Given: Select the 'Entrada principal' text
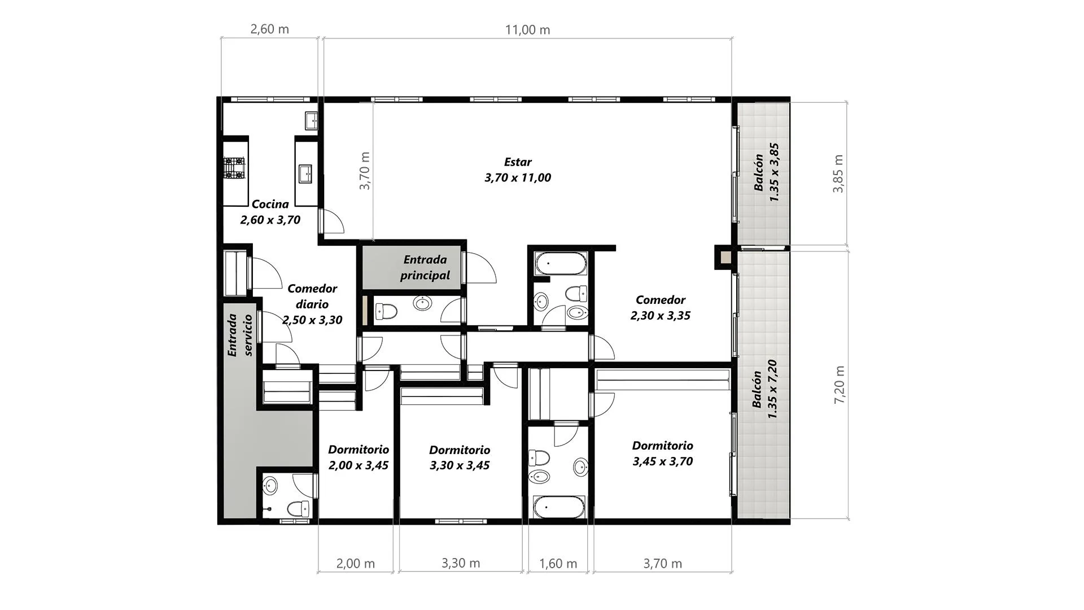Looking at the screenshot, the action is point(425,268).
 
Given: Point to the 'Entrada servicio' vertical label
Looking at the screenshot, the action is point(239,335).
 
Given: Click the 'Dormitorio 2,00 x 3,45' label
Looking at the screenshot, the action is point(359,457).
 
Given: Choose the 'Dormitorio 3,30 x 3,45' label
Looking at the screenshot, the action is point(460,457).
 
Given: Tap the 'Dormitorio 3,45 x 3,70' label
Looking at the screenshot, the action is point(663,454).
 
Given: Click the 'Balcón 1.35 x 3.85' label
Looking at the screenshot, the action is point(767,172).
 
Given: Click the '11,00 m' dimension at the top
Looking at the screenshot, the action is point(527,30).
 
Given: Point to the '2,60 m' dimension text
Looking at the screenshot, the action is point(269,29).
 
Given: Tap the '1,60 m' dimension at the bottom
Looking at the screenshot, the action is point(558,564).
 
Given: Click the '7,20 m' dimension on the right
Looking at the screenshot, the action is point(840,385).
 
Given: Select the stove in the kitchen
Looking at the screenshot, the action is point(234,168).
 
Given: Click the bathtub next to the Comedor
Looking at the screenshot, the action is point(561,264).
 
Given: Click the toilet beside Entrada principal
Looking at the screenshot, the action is point(387,311).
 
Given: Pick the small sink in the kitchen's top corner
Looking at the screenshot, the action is point(311,120).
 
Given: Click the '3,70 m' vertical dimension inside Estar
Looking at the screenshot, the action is point(365,171).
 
